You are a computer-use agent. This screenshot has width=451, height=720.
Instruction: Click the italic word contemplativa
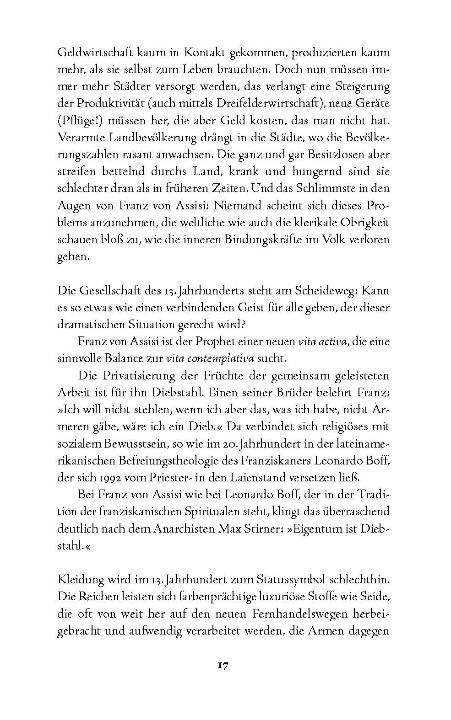pyautogui.click(x=220, y=358)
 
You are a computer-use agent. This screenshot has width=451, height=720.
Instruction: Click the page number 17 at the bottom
pyautogui.click(x=223, y=665)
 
